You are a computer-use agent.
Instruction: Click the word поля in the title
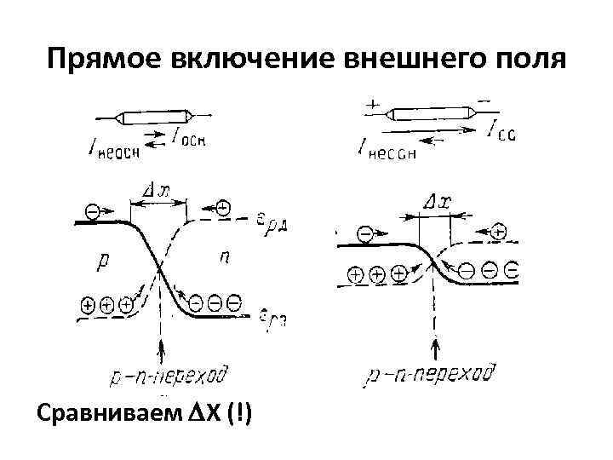tap(530, 59)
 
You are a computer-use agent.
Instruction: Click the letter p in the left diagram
tap(103, 262)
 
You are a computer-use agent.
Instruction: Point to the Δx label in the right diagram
tap(436, 203)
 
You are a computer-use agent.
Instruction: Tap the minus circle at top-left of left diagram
tap(93, 210)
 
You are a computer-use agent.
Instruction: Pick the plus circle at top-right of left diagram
tap(223, 207)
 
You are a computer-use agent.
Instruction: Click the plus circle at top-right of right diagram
tap(499, 230)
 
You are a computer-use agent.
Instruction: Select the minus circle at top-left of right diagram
tap(364, 232)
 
